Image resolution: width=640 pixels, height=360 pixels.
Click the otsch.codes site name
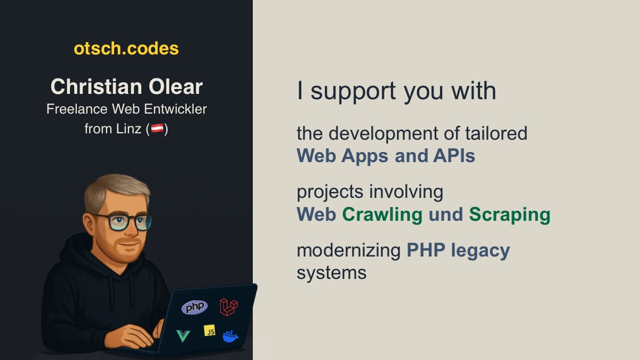click(126, 49)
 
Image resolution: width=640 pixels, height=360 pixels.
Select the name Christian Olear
click(126, 86)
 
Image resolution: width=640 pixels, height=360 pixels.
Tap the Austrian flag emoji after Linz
click(157, 129)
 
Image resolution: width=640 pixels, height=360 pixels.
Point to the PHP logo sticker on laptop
click(194, 307)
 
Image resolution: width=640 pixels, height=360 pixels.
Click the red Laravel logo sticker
click(229, 306)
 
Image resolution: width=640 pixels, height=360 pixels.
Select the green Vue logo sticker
click(183, 335)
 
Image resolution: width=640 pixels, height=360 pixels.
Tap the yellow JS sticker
click(210, 331)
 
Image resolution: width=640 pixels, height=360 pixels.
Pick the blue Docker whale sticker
click(230, 336)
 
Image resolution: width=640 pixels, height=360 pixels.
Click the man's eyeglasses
click(122, 221)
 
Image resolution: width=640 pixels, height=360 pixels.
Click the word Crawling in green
click(382, 214)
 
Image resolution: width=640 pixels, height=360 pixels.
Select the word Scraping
click(509, 214)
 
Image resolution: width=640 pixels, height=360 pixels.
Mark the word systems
click(331, 273)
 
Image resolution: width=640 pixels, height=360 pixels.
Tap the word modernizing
click(348, 250)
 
